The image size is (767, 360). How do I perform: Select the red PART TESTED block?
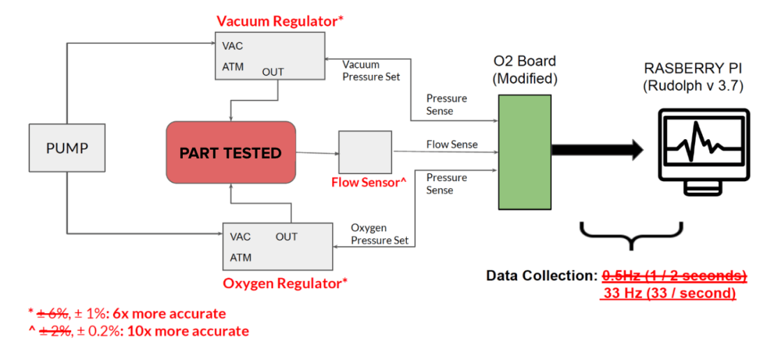230,153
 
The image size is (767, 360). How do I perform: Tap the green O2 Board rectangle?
525,152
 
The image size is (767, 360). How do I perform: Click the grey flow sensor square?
364,152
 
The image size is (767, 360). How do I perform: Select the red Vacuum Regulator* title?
280,21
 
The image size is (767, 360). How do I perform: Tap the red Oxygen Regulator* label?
285,283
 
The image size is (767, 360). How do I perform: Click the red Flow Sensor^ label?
369,184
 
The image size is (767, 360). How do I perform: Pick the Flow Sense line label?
452,144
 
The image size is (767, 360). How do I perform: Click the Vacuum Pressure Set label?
371,71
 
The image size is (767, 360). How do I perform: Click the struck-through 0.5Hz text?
675,275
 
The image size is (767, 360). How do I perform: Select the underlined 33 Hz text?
668,294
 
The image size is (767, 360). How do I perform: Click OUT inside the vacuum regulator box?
273,71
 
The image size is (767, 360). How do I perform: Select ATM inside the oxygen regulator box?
241,257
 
